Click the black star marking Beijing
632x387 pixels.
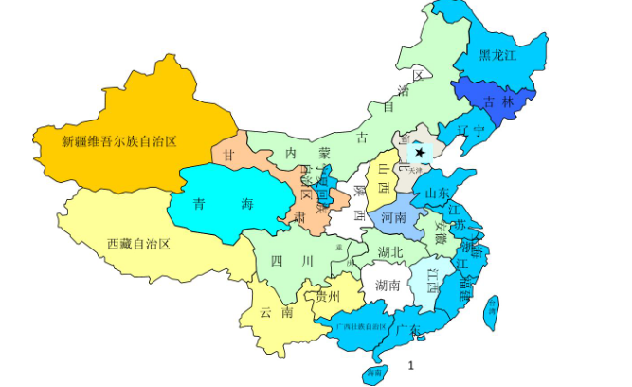[x=420, y=152]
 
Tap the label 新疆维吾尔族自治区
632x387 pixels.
[x=120, y=141]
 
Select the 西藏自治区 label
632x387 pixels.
[x=138, y=244]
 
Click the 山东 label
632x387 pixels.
[x=438, y=193]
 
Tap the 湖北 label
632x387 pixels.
[x=390, y=251]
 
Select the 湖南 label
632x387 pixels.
[x=388, y=285]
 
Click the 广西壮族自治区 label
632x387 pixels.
[x=361, y=324]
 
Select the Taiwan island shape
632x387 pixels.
[x=490, y=310]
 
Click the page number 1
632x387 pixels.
[x=410, y=364]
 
